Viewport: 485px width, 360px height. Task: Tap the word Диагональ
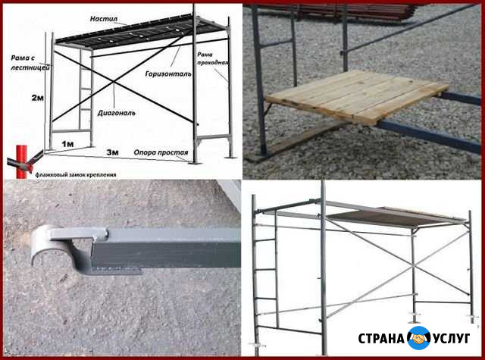coord(116,113)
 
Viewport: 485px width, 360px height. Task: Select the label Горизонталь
coord(168,74)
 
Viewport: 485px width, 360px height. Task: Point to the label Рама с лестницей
coord(30,62)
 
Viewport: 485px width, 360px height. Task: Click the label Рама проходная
coord(213,58)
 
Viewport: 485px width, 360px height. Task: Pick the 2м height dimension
coord(37,98)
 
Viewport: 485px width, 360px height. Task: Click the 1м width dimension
coord(67,144)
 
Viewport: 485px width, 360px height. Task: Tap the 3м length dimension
coord(113,152)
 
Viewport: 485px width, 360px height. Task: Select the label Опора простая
coord(161,152)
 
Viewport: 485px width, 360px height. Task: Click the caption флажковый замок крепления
coord(76,175)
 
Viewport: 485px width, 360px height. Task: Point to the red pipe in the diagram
coord(21,161)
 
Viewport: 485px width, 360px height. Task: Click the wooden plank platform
coord(357,95)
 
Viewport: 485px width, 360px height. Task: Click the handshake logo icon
coord(419,338)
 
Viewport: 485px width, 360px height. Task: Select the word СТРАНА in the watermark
coord(381,339)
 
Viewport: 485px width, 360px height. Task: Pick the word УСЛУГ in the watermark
coord(452,338)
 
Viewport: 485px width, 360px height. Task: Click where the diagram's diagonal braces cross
coord(114,82)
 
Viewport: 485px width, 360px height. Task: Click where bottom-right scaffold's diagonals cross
coord(412,265)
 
